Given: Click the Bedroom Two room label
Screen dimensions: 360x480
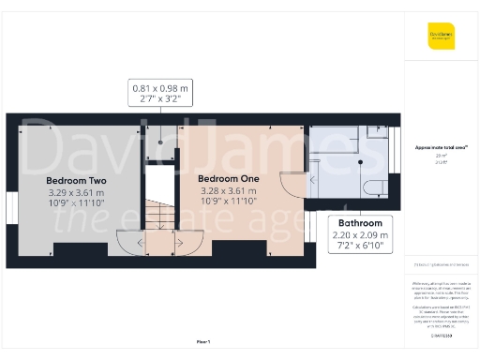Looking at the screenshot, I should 76,180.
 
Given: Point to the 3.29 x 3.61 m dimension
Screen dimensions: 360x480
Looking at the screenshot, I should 76,193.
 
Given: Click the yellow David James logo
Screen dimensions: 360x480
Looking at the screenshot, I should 441,37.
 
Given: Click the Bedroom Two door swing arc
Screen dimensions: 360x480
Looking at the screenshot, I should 129,241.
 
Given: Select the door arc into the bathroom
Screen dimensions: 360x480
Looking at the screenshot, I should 293,184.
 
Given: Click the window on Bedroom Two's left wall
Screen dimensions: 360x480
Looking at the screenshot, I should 10,206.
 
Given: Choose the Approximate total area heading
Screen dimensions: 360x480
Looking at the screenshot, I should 441,147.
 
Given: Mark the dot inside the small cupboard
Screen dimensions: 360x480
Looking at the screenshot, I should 159,143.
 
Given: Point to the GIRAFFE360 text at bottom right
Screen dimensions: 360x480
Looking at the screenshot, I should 441,335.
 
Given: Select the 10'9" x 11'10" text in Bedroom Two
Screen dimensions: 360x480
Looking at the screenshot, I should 76,204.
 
